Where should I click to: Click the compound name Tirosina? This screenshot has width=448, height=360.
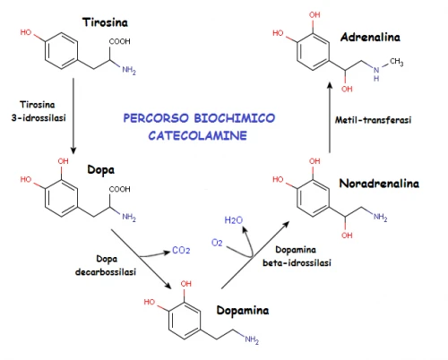pyautogui.click(x=105, y=22)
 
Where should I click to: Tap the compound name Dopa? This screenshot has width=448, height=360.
pyautogui.click(x=101, y=170)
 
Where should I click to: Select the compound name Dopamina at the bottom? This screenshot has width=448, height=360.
pyautogui.click(x=243, y=311)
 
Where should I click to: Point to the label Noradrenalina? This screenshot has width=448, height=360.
pyautogui.click(x=379, y=184)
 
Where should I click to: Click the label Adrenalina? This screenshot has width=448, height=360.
pyautogui.click(x=370, y=37)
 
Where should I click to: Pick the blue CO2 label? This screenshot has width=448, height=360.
pyautogui.click(x=181, y=250)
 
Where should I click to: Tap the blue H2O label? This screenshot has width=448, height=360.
pyautogui.click(x=234, y=220)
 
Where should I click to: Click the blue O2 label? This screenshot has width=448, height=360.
pyautogui.click(x=217, y=243)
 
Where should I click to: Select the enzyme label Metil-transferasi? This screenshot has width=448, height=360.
pyautogui.click(x=373, y=120)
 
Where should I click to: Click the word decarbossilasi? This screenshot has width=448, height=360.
pyautogui.click(x=106, y=272)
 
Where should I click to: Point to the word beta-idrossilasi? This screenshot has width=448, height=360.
pyautogui.click(x=297, y=262)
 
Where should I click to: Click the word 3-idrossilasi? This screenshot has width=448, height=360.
pyautogui.click(x=39, y=118)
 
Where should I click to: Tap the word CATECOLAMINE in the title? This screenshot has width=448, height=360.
pyautogui.click(x=198, y=135)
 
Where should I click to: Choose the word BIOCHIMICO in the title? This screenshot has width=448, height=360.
pyautogui.click(x=236, y=118)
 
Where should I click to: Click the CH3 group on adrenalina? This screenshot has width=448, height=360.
pyautogui.click(x=397, y=62)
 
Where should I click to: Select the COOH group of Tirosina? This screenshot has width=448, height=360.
pyautogui.click(x=119, y=41)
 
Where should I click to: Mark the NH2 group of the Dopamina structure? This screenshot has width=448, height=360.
pyautogui.click(x=252, y=339)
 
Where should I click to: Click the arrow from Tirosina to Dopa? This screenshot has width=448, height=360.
pyautogui.click(x=73, y=116)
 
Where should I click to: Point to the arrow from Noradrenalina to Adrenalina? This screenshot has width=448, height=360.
pyautogui.click(x=330, y=117)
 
